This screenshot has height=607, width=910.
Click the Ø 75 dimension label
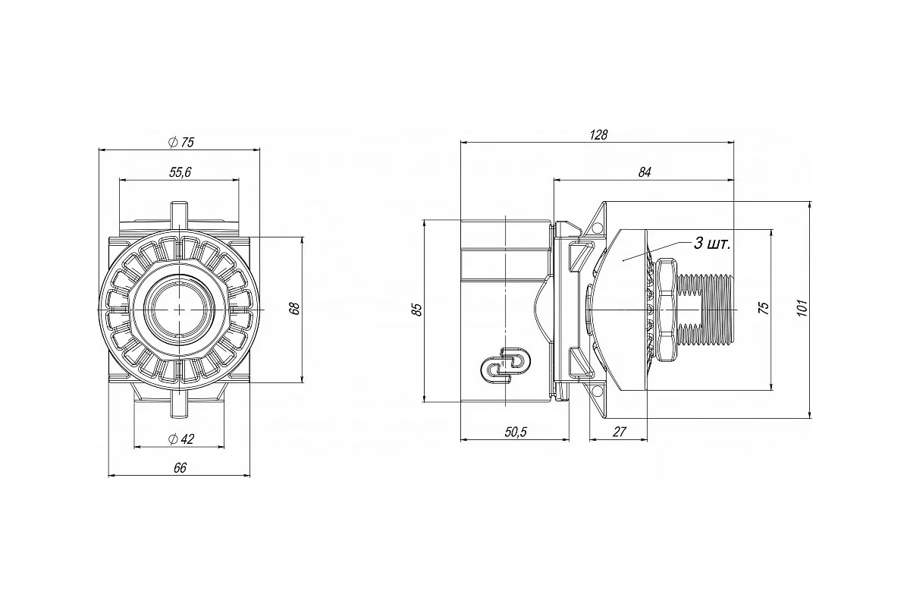pyautogui.click(x=181, y=142)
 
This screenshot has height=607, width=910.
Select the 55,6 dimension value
pyautogui.click(x=180, y=172)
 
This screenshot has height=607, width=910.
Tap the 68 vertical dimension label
pyautogui.click(x=294, y=309)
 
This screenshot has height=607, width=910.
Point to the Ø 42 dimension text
pyautogui.click(x=181, y=439)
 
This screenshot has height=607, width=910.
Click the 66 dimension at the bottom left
pyautogui.click(x=180, y=468)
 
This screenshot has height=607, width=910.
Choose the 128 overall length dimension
pyautogui.click(x=598, y=134)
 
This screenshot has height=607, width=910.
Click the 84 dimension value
pyautogui.click(x=645, y=172)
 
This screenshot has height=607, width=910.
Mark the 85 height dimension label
pyautogui.click(x=417, y=310)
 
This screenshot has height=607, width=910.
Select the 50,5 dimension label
pyautogui.click(x=516, y=432)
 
